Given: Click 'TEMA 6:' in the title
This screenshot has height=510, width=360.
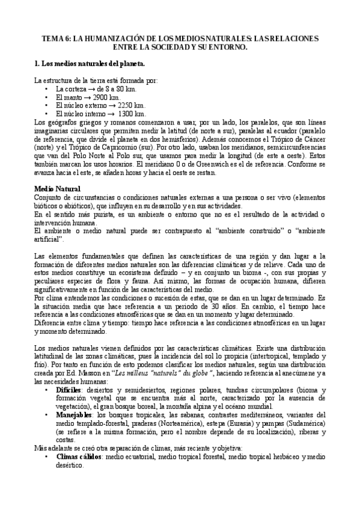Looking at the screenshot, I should [56, 37].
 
